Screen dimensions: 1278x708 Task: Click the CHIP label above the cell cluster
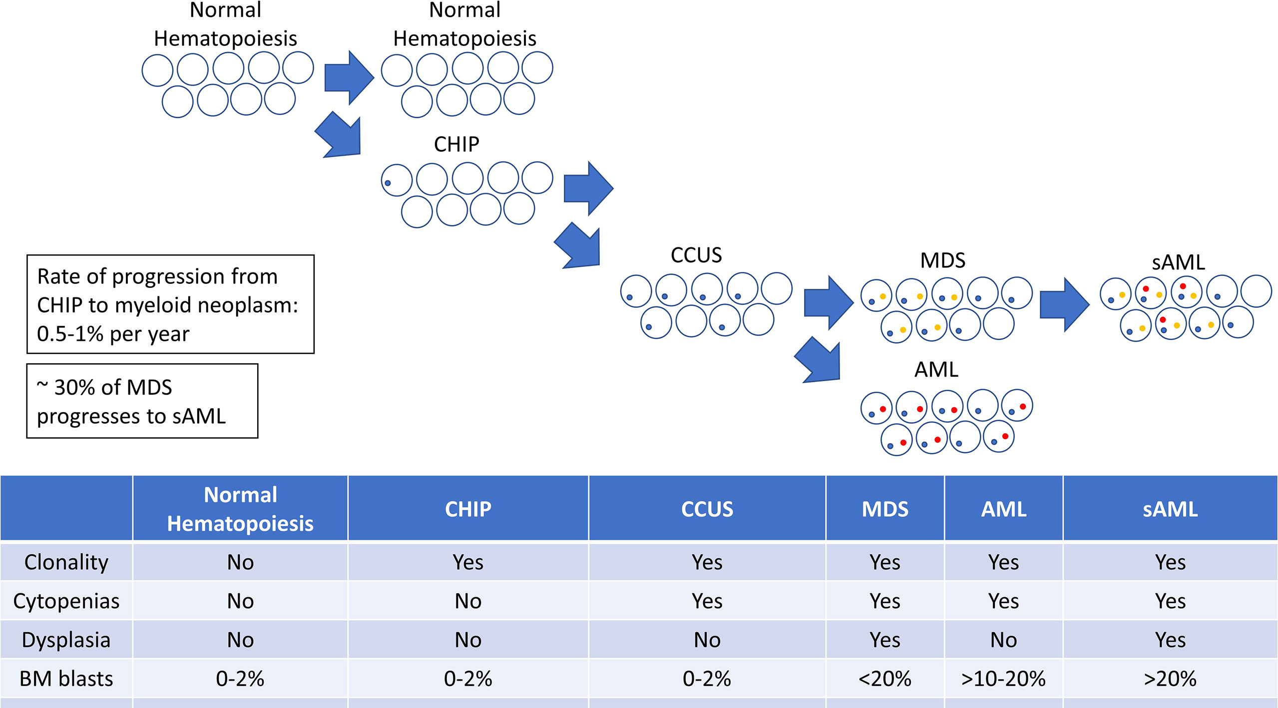point(456,145)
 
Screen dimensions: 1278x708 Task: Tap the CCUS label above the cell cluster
point(696,255)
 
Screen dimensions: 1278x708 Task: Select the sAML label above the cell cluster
point(1178,262)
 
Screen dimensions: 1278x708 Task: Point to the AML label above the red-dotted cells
point(936,370)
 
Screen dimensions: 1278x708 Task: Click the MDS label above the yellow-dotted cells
point(943,260)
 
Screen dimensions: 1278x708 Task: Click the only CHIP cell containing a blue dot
point(397,180)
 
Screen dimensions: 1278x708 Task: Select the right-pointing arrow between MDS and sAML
point(1065,304)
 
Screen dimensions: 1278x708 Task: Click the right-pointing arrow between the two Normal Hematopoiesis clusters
point(349,78)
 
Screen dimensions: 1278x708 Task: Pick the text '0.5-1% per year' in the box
point(113,334)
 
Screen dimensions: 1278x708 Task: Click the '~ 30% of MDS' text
point(104,388)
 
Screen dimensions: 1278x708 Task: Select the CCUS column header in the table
point(707,509)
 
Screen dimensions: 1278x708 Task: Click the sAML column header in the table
point(1170,509)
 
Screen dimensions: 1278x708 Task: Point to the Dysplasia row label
point(66,640)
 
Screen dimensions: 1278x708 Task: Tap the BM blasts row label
point(66,679)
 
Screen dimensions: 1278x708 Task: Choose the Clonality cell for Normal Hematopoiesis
point(240,562)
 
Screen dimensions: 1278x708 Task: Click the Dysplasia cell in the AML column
point(1003,640)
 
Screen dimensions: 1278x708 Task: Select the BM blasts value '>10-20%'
point(1003,679)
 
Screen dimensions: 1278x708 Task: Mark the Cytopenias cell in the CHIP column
point(468,601)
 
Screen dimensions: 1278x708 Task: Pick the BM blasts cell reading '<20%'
point(884,679)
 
